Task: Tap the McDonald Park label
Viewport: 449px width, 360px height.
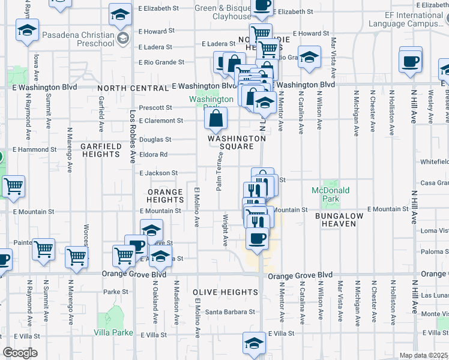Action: coord(330,194)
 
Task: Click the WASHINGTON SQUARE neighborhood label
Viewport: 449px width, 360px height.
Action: coord(237,142)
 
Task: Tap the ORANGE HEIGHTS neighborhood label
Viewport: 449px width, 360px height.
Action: coord(165,196)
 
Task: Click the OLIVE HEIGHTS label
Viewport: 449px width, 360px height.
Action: coord(226,292)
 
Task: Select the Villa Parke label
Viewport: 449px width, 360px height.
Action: coord(113,332)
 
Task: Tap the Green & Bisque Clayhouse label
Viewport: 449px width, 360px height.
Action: coord(222,13)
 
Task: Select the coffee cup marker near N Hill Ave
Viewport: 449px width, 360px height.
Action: coord(411,61)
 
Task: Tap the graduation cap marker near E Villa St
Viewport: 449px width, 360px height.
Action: coord(253,343)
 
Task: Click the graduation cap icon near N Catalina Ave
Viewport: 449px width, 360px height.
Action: coord(310,58)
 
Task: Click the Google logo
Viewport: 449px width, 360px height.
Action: coord(19,353)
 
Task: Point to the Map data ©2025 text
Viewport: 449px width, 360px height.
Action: coord(424,355)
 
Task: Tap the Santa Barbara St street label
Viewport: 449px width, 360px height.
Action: coord(231,312)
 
